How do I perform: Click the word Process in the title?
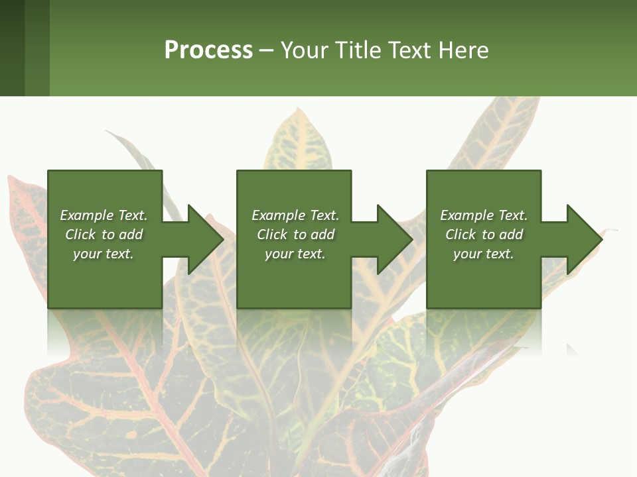(x=208, y=50)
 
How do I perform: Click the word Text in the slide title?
(x=411, y=50)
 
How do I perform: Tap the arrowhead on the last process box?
(x=583, y=239)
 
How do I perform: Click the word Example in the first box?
(x=87, y=215)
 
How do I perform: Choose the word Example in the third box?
(x=467, y=215)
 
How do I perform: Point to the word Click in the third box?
(x=461, y=235)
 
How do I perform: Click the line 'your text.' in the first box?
(x=104, y=254)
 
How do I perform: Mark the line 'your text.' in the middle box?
(x=295, y=254)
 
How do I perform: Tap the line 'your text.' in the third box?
(x=484, y=254)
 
